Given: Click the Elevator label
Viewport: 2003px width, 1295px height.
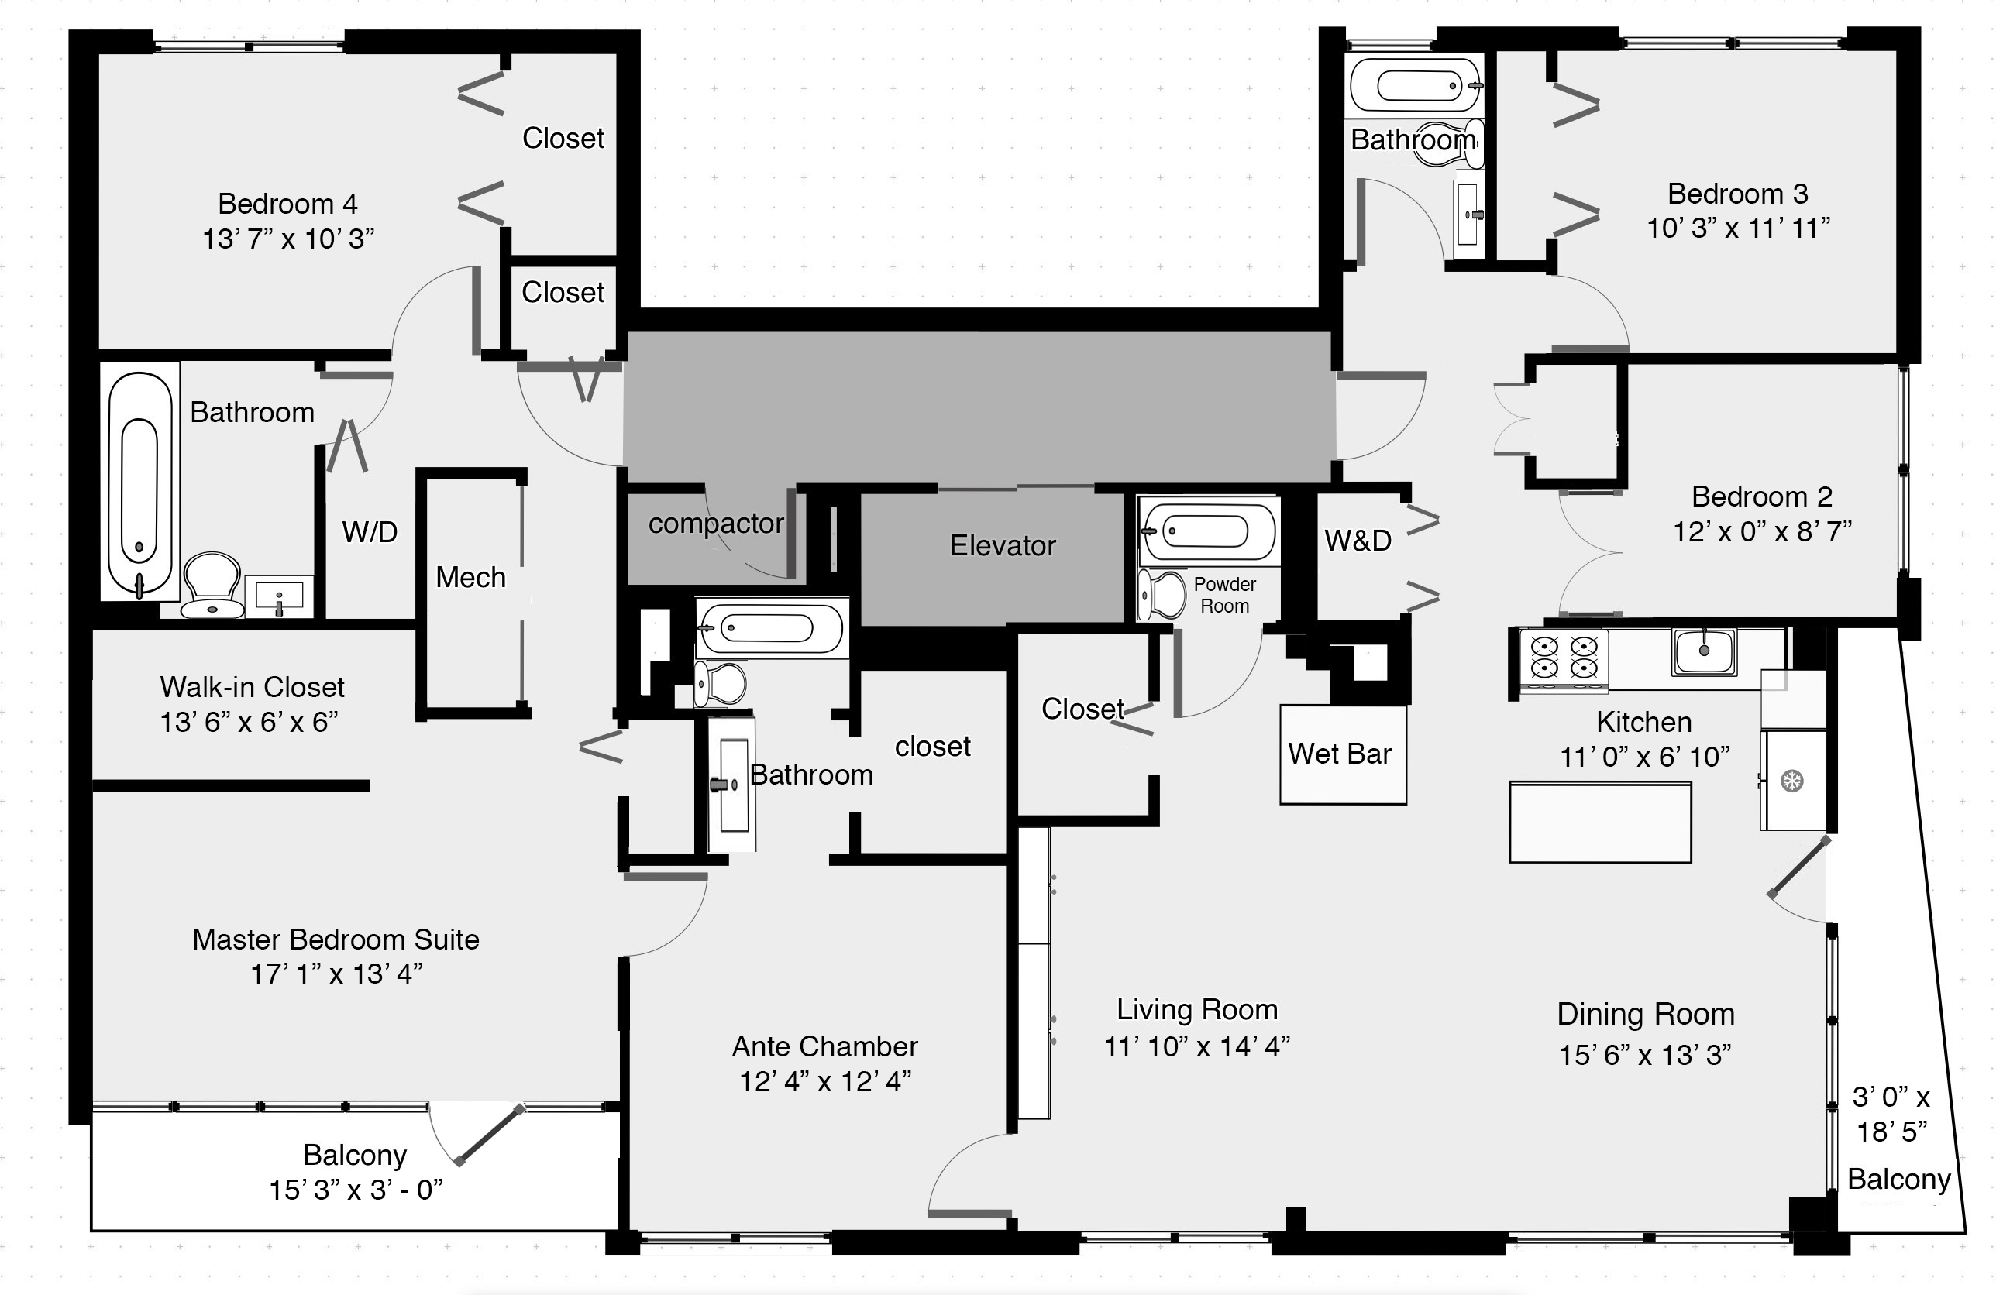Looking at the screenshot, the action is tap(1002, 546).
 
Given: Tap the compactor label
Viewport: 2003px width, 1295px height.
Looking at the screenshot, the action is tap(716, 524).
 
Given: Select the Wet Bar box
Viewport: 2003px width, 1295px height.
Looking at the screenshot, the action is tap(1343, 754).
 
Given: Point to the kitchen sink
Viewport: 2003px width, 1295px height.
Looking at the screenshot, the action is tap(1703, 651).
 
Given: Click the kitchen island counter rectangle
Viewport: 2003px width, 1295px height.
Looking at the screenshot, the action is tap(1600, 822).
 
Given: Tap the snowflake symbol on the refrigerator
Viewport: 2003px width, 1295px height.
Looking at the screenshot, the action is tap(1793, 781).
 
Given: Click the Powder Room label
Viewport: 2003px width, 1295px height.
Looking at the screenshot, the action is tap(1224, 595).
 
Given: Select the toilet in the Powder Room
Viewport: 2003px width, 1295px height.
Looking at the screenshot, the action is tap(1162, 595).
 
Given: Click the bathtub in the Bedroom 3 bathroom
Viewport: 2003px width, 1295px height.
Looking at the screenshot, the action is tap(1416, 86).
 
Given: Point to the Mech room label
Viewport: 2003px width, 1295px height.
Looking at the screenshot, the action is tap(470, 578).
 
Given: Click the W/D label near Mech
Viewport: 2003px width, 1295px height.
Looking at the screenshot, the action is tap(370, 532).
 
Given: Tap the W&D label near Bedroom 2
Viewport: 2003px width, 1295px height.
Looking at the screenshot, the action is tap(1358, 541).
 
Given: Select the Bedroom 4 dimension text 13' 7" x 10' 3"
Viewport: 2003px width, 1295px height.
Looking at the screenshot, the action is tap(287, 239).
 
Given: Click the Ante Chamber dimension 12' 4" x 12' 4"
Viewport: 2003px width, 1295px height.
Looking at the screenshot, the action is tap(825, 1081).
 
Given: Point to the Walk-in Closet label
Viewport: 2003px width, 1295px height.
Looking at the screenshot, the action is tap(253, 687).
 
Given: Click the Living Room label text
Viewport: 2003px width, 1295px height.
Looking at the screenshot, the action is tap(1196, 1009).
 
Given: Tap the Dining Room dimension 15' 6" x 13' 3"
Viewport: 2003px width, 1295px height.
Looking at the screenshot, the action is tap(1645, 1054).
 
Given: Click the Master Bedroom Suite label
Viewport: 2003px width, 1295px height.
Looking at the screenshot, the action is tap(336, 939).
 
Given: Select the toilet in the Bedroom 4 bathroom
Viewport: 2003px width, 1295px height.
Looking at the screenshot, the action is tap(213, 585).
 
